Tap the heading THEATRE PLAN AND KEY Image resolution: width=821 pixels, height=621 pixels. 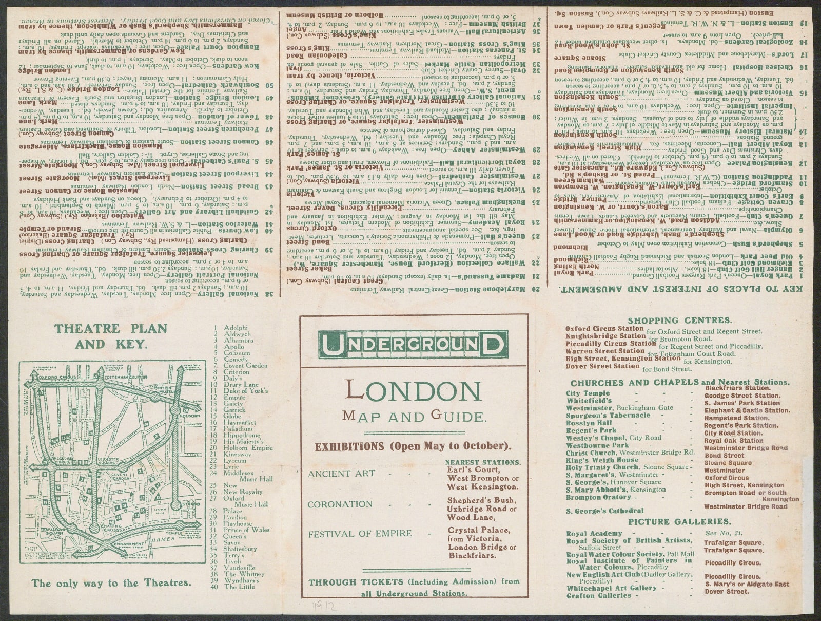coord(111,336)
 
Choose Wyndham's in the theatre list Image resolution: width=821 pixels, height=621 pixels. coord(241,580)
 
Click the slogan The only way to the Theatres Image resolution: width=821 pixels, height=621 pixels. coord(111,583)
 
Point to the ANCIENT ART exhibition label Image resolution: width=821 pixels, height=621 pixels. coord(341,473)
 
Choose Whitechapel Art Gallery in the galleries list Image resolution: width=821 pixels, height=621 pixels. coord(604,588)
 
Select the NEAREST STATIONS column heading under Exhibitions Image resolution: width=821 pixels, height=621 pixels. coord(483,462)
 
